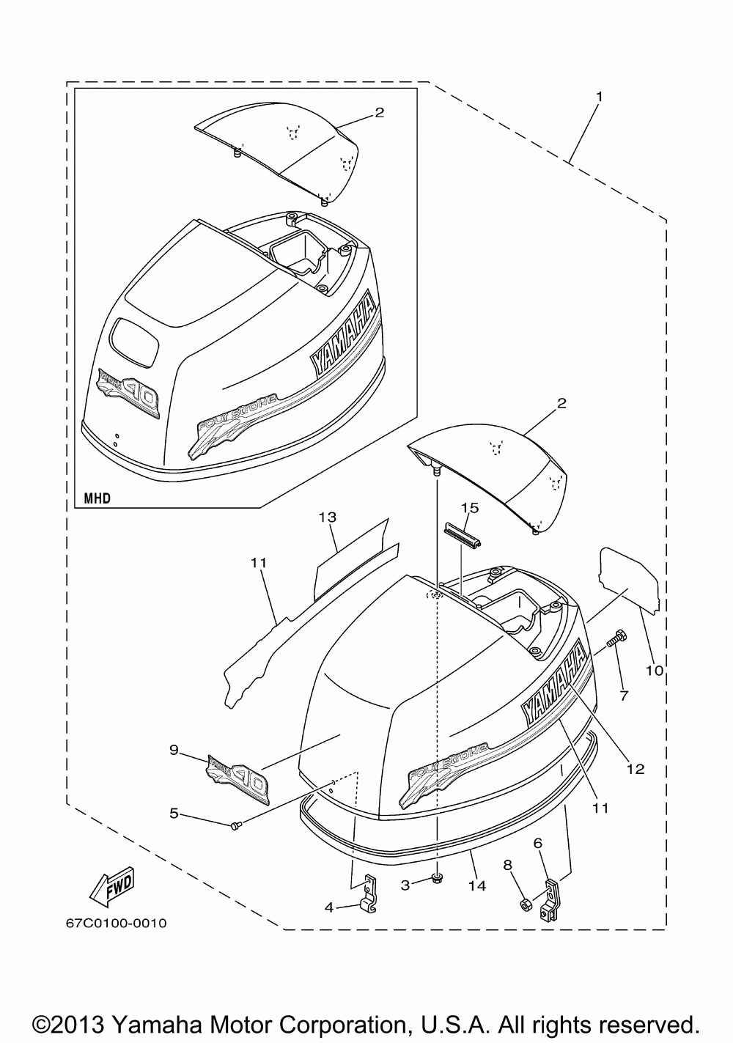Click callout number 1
(x=599, y=96)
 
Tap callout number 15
(x=469, y=507)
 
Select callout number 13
(x=327, y=517)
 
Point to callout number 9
(x=174, y=749)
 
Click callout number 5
(x=174, y=812)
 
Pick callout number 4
(x=329, y=907)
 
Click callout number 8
(x=507, y=864)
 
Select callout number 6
(x=538, y=844)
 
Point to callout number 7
(x=624, y=696)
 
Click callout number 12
(x=635, y=769)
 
